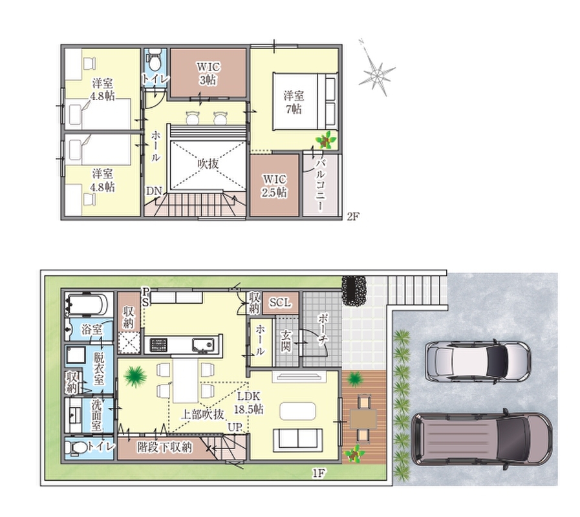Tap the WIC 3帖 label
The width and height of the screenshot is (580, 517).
pyautogui.click(x=208, y=73)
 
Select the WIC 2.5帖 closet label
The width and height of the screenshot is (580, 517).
pyautogui.click(x=274, y=186)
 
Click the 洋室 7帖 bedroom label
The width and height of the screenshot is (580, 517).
pyautogui.click(x=294, y=103)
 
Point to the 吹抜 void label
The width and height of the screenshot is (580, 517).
pyautogui.click(x=208, y=164)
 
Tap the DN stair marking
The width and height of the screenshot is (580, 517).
pyautogui.click(x=154, y=191)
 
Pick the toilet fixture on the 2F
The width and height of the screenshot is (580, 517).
pyautogui.click(x=155, y=59)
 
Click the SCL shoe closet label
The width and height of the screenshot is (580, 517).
pyautogui.click(x=280, y=303)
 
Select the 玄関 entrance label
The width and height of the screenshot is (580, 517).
pyautogui.click(x=286, y=341)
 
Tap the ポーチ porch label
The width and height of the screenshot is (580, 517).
pyautogui.click(x=322, y=330)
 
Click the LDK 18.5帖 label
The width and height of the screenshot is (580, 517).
pyautogui.click(x=248, y=403)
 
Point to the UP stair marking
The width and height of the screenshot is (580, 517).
pyautogui.click(x=235, y=427)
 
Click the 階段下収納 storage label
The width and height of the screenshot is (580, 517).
pyautogui.click(x=165, y=447)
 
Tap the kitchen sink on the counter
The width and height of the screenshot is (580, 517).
pyautogui.click(x=203, y=345)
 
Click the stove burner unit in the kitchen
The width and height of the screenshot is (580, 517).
pyautogui.click(x=158, y=345)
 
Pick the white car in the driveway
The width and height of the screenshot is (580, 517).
pyautogui.click(x=478, y=361)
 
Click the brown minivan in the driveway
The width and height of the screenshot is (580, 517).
pyautogui.click(x=481, y=439)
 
